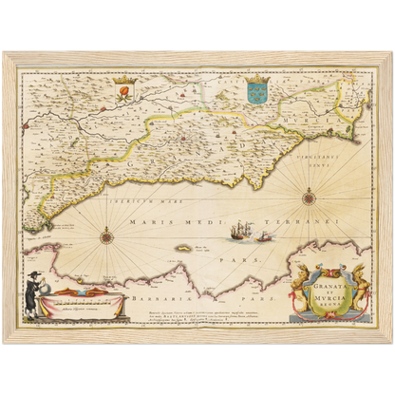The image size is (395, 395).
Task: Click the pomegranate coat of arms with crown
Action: tap(122, 91)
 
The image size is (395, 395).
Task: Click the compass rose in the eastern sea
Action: tap(310, 197)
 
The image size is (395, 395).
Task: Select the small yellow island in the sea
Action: tap(178, 249)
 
